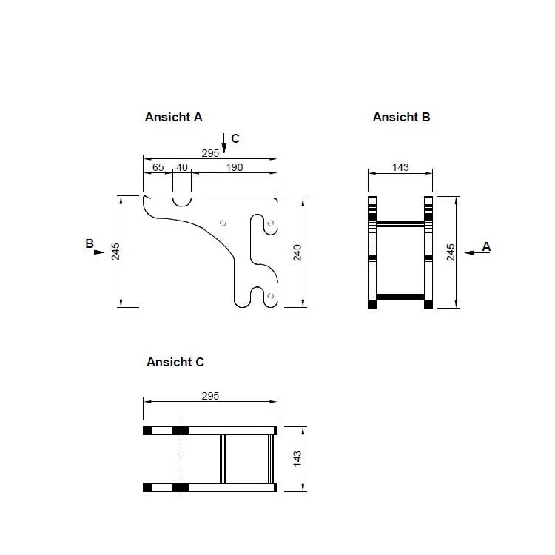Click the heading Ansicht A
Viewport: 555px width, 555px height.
173,117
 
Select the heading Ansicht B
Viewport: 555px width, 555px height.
401,117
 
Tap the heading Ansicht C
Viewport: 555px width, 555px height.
175,362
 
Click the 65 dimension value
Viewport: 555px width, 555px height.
158,167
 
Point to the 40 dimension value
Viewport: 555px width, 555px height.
182,167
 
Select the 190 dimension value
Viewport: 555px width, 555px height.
235,167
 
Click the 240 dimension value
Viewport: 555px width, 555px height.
297,252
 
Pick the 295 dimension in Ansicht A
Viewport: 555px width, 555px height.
210,153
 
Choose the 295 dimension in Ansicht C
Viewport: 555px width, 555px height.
210,396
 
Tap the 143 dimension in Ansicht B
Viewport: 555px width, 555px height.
400,167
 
